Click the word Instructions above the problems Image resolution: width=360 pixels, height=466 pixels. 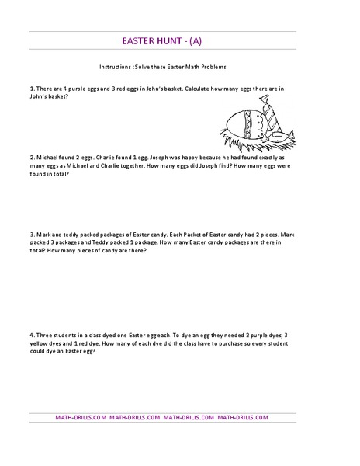(116, 68)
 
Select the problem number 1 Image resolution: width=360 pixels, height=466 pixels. (32, 89)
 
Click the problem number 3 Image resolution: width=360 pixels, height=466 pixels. (32, 234)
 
